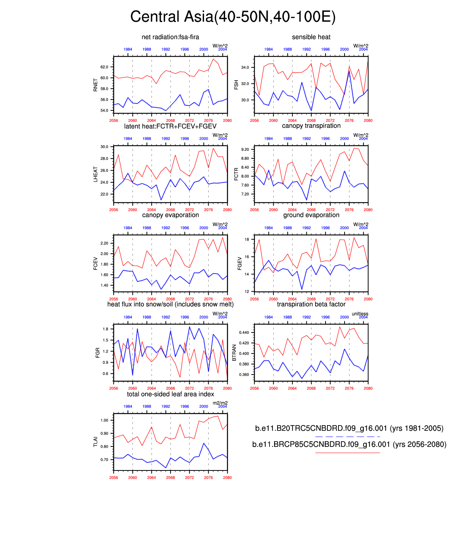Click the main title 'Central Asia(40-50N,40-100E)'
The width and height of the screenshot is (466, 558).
click(x=233, y=17)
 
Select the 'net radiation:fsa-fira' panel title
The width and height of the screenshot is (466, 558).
click(x=170, y=37)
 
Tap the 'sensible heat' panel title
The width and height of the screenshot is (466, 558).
click(x=311, y=37)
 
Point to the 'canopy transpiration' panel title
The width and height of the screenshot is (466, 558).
click(x=311, y=126)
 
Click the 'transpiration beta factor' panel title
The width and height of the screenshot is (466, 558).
click(x=311, y=305)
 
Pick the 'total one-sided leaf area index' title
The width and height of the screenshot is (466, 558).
click(x=170, y=394)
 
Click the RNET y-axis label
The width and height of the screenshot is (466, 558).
click(x=96, y=85)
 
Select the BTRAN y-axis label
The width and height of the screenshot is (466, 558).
click(x=235, y=353)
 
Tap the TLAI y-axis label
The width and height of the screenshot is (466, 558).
click(x=96, y=442)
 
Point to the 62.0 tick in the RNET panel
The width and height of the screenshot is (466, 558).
click(x=104, y=67)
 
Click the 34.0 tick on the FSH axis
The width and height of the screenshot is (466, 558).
click(x=245, y=67)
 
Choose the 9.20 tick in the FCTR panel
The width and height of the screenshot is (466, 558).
click(x=245, y=150)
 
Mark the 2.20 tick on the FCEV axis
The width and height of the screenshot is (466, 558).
click(x=104, y=243)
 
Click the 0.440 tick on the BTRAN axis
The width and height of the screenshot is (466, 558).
click(x=244, y=333)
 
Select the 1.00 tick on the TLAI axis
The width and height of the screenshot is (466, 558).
click(x=104, y=421)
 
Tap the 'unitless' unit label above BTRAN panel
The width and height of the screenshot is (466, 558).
click(x=360, y=314)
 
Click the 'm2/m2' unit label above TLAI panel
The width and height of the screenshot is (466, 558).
click(x=220, y=403)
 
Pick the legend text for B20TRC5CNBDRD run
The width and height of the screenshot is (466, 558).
click(x=349, y=429)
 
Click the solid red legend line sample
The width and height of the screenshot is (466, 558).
click(x=347, y=453)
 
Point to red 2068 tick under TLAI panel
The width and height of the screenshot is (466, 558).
click(x=170, y=478)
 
